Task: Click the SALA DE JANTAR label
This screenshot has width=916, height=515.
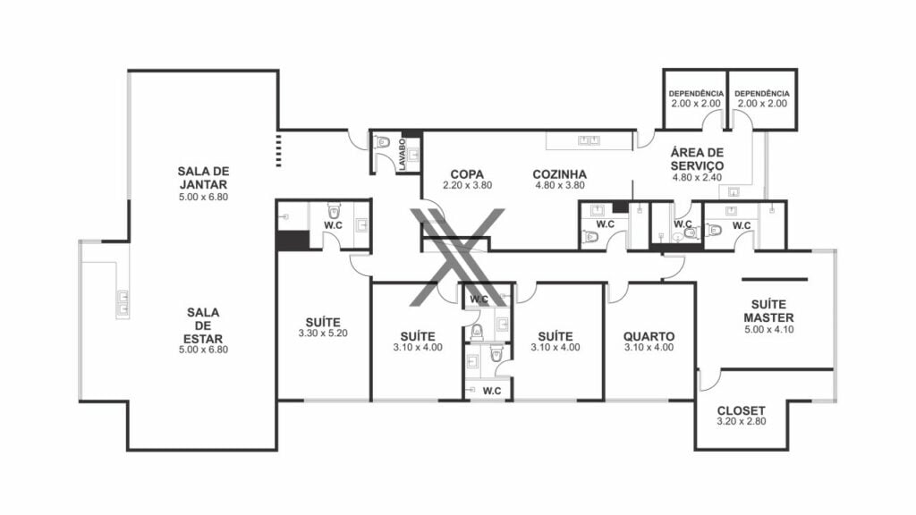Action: (203, 178)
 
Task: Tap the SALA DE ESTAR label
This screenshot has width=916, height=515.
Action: (203, 325)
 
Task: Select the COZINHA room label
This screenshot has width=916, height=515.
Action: (560, 174)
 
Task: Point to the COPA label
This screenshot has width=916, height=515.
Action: (467, 174)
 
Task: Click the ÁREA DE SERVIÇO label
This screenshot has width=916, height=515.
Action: (697, 159)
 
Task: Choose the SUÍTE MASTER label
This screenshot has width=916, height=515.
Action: (768, 310)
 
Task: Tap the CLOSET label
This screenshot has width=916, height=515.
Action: (742, 410)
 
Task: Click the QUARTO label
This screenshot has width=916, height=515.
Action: (649, 336)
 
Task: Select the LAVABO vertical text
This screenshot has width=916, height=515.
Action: (403, 154)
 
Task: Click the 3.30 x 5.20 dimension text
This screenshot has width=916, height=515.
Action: (323, 333)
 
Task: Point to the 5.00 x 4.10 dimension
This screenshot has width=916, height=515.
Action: (768, 329)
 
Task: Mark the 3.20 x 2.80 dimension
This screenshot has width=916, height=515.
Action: (742, 421)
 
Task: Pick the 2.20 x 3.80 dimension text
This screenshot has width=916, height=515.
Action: (467, 185)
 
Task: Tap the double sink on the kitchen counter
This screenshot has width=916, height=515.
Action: (589, 140)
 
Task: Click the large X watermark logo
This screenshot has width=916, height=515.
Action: (457, 257)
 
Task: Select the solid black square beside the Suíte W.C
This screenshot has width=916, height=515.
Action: (293, 240)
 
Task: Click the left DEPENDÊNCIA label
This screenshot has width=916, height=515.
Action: (696, 93)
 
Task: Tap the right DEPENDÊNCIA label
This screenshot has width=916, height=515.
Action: (762, 93)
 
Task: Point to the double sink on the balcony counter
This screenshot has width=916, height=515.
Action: (123, 304)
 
